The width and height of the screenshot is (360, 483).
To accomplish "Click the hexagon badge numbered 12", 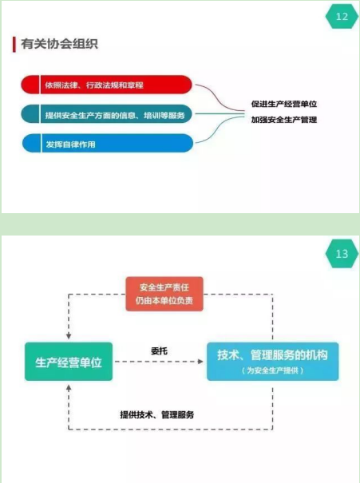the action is click(x=342, y=16).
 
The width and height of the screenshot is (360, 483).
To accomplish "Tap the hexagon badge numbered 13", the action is click(x=342, y=254).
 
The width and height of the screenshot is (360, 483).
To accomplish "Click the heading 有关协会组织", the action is click(x=59, y=44).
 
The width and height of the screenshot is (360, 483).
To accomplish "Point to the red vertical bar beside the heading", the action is click(x=14, y=45).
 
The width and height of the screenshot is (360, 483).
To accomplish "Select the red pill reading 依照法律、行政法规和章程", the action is click(x=106, y=85).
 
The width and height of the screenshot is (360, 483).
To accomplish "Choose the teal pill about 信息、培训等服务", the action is click(x=106, y=114).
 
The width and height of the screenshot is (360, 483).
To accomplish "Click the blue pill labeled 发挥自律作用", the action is click(x=108, y=143).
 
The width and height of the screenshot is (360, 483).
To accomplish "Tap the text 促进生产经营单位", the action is click(x=284, y=104).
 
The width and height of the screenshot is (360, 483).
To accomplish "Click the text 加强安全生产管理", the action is click(x=284, y=120).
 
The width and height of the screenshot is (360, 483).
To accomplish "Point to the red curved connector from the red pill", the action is click(x=220, y=99).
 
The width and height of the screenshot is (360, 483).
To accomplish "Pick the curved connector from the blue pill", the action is click(x=220, y=130).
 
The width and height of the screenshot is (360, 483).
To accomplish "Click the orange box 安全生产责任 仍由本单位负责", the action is click(x=164, y=294).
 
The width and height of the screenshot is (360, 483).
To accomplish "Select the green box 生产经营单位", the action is click(x=69, y=362).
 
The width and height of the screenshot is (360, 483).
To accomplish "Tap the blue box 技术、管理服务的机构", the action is click(x=272, y=362).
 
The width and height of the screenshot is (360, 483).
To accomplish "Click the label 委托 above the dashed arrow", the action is click(x=159, y=350).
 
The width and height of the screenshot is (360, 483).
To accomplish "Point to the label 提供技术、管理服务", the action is click(x=157, y=414).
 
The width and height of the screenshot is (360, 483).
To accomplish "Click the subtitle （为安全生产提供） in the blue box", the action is click(x=272, y=370).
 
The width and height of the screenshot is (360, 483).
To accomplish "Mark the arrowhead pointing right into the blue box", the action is click(x=200, y=362).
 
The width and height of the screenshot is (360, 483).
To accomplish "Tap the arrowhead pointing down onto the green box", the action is click(x=69, y=336).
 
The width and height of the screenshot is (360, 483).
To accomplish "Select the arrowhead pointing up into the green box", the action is click(x=69, y=388).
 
